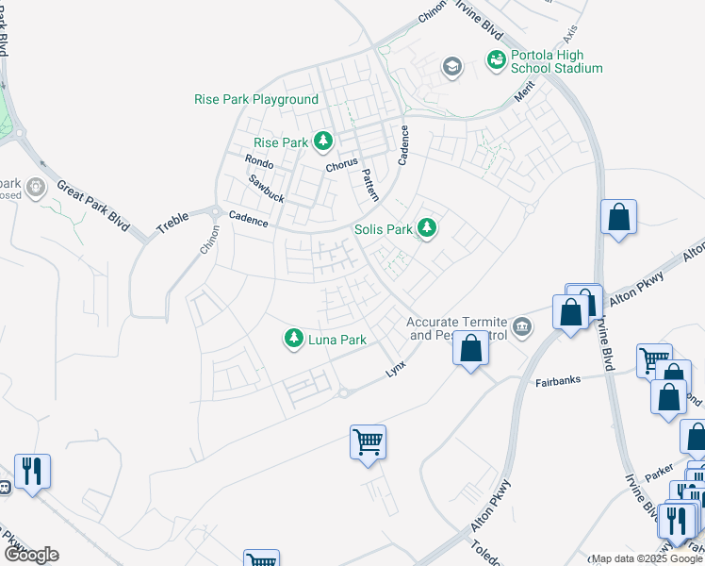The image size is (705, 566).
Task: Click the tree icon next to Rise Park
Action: pyautogui.click(x=324, y=141)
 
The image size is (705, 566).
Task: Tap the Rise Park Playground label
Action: pyautogui.click(x=256, y=99)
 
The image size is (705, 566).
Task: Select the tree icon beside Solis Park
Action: pyautogui.click(x=427, y=228)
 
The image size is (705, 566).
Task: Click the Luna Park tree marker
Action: pyautogui.click(x=295, y=338)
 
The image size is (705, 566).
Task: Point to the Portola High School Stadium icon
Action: pyautogui.click(x=496, y=59)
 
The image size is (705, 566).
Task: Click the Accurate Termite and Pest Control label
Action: pyautogui.click(x=457, y=328)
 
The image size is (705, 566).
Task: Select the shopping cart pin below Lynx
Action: pyautogui.click(x=368, y=441)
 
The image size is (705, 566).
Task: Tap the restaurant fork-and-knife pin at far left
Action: pyautogui.click(x=32, y=471)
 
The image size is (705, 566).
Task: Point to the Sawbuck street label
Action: pyautogui.click(x=267, y=189)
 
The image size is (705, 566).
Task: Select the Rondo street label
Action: pyautogui.click(x=258, y=163)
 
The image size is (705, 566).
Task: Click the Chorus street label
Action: pyautogui.click(x=342, y=166)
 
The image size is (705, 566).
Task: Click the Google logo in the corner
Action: pyautogui.click(x=31, y=555)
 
